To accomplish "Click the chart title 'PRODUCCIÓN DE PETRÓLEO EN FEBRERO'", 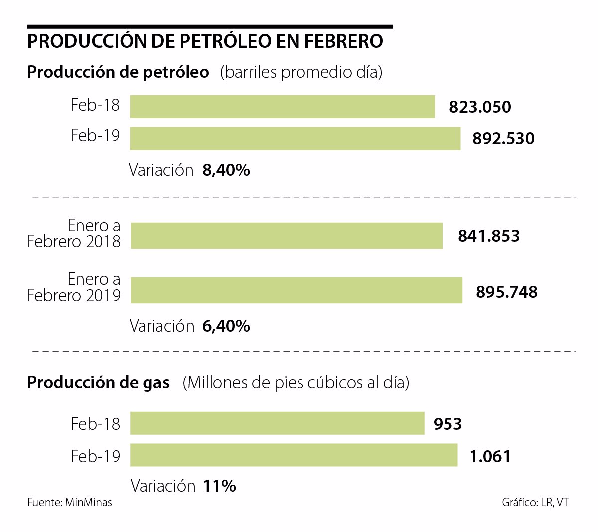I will tap(205, 41).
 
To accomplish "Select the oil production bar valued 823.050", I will tap(282, 107).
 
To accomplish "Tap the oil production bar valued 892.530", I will tap(295, 138).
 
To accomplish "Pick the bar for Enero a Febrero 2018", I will tap(286, 235).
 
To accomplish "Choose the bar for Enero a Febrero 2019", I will tap(296, 291).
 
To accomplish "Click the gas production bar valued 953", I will tap(277, 423).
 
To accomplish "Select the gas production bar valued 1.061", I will tap(294, 455).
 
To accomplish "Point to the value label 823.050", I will tap(480, 107).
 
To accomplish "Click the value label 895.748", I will tap(506, 292).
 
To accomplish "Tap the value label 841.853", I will tap(488, 236).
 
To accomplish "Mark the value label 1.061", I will tap(490, 456).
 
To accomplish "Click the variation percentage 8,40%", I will tap(226, 170).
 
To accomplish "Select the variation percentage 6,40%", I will tap(226, 326).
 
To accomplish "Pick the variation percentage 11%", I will tap(219, 486).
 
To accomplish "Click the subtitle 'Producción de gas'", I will tap(98, 383).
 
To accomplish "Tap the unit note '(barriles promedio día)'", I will tap(301, 72).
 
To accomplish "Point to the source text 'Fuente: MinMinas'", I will tap(69, 502).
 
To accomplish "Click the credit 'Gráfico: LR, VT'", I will tap(535, 502).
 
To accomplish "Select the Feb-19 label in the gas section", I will tap(95, 456).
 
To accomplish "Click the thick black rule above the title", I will tap(210, 26).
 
